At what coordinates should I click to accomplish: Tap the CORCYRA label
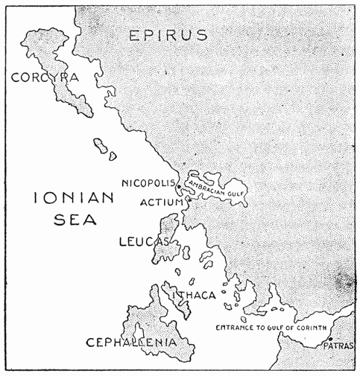pyautogui.click(x=45, y=77)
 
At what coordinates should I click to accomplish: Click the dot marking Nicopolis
pyautogui.click(x=179, y=185)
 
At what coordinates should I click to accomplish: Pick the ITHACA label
pyautogui.click(x=195, y=295)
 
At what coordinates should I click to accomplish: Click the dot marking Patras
pyautogui.click(x=329, y=340)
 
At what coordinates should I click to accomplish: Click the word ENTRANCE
pyautogui.click(x=236, y=328)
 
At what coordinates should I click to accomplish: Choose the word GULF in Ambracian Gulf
pyautogui.click(x=234, y=191)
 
